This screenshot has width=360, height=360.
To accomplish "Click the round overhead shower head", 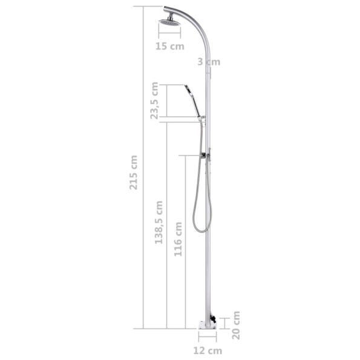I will (x=170, y=22).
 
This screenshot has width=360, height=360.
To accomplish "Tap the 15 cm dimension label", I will (x=169, y=46).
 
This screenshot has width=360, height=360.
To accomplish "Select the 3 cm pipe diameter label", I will (x=208, y=61).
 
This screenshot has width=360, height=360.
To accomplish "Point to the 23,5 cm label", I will (x=155, y=100).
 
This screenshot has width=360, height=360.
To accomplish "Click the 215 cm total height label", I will (x=134, y=172).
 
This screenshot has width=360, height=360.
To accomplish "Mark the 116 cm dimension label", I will (x=178, y=239).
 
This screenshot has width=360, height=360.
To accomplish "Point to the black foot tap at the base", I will (x=212, y=319).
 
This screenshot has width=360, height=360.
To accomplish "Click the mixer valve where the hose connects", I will (x=205, y=155).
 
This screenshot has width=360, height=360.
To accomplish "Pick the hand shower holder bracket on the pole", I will (x=203, y=117).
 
